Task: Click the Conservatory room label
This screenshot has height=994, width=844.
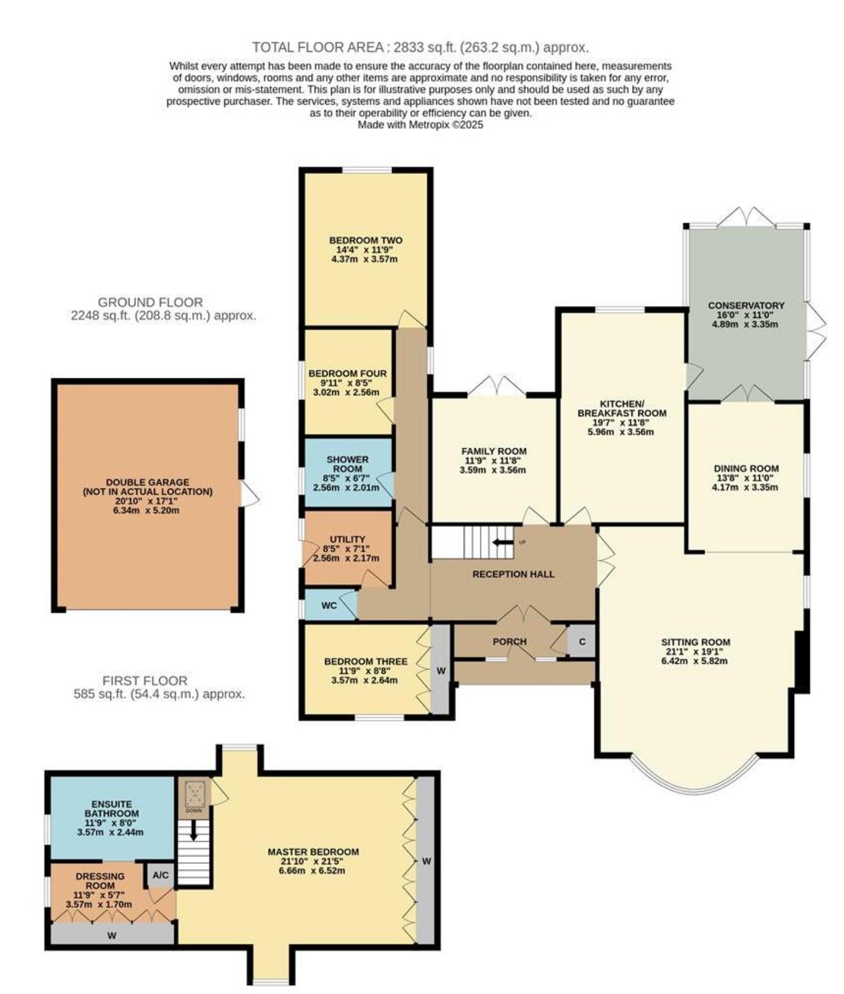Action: click(746, 305)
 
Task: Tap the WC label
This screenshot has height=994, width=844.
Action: click(329, 605)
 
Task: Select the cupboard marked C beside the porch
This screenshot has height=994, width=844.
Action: click(581, 642)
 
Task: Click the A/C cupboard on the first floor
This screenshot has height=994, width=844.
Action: click(160, 875)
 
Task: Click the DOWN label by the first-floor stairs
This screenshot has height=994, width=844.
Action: click(193, 810)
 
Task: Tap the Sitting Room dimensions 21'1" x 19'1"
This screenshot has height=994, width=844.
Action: click(695, 652)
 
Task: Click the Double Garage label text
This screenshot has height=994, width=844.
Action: click(148, 487)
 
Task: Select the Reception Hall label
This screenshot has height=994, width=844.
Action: click(513, 574)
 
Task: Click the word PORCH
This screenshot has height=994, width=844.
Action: click(509, 642)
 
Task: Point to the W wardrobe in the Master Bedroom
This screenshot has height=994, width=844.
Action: click(426, 861)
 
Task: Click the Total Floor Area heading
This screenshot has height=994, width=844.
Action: click(421, 47)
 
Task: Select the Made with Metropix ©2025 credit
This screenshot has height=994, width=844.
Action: click(421, 124)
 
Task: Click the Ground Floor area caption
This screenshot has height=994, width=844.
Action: click(163, 309)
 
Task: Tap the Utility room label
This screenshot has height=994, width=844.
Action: click(347, 539)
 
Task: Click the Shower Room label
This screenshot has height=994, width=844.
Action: click(347, 464)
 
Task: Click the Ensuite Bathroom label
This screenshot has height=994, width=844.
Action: click(112, 809)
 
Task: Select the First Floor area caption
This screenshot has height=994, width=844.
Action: click(159, 687)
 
